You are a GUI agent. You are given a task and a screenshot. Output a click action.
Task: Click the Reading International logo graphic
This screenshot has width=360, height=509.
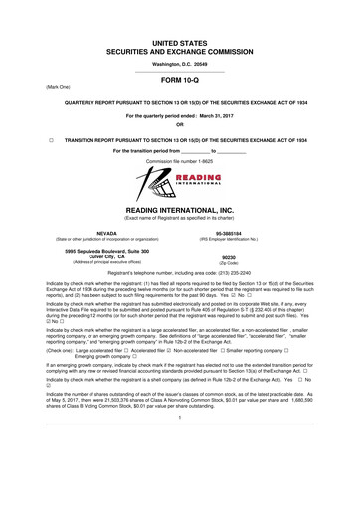coord(180,182)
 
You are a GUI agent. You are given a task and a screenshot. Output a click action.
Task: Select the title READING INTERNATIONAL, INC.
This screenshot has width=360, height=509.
coord(180,210)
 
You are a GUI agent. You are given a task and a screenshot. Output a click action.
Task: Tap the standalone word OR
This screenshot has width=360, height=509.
coord(180,124)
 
